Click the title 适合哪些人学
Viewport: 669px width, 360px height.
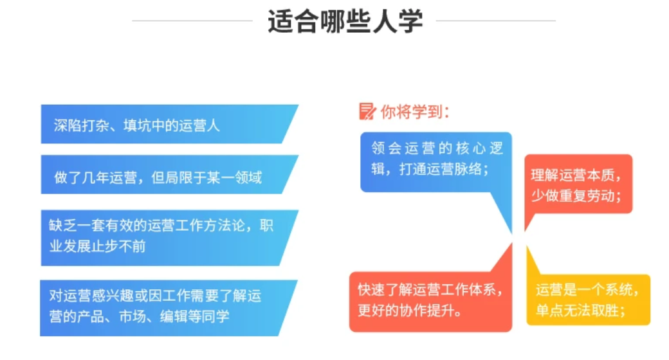click(x=345, y=21)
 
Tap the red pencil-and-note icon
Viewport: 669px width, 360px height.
click(x=367, y=112)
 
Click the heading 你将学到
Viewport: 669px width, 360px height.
click(x=415, y=112)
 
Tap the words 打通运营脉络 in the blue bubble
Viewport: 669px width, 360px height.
click(x=441, y=169)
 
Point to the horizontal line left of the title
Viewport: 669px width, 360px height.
click(x=192, y=21)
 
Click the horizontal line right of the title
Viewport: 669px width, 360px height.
click(x=496, y=21)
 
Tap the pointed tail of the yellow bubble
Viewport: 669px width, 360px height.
click(x=527, y=248)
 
